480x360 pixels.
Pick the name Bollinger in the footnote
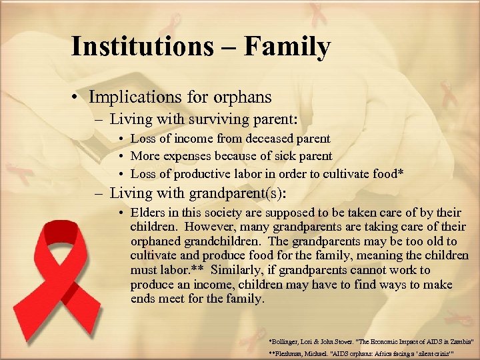[287, 340]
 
